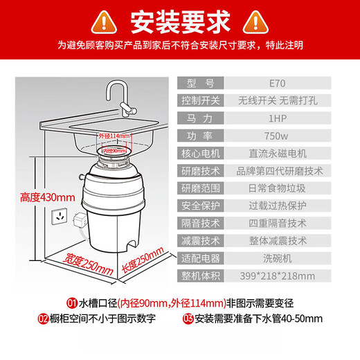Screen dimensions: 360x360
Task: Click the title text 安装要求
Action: tap(180, 21)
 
